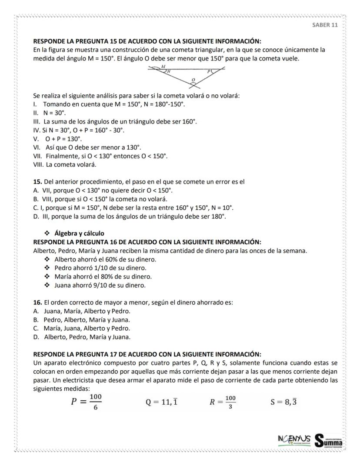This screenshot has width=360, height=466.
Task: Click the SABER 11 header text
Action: (x=325, y=25)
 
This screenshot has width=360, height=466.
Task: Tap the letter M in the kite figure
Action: (x=163, y=67)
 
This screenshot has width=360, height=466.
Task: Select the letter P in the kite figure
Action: (x=209, y=71)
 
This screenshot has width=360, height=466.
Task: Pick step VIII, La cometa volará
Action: (x=65, y=164)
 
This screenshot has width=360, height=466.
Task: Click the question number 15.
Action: (x=37, y=182)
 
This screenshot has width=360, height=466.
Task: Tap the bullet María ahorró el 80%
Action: (x=103, y=277)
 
